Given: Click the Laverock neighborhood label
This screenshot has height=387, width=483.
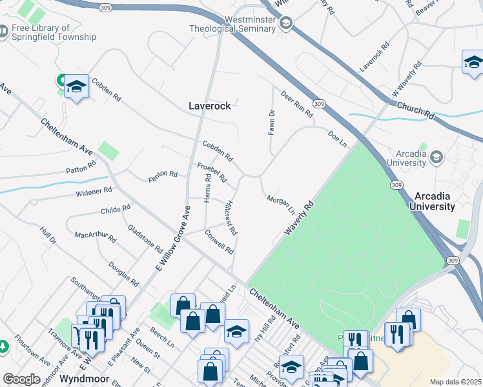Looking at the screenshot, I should (209, 106).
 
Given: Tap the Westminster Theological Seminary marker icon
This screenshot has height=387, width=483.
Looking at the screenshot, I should (285, 24).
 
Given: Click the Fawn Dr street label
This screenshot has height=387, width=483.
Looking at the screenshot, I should (272, 122).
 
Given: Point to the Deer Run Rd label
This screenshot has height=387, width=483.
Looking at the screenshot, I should (297, 104).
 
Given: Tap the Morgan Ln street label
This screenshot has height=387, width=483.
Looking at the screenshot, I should (281, 204).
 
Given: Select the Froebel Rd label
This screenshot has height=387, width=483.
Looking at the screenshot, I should (212, 172).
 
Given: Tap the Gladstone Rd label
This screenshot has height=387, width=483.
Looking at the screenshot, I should (145, 238).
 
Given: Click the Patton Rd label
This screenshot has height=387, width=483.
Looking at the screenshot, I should (81, 170).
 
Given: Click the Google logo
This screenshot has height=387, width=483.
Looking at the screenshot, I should (21, 379).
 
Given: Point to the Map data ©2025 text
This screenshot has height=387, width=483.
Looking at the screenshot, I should (455, 382).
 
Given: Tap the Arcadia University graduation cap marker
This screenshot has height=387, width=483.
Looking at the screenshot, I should (436, 157).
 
